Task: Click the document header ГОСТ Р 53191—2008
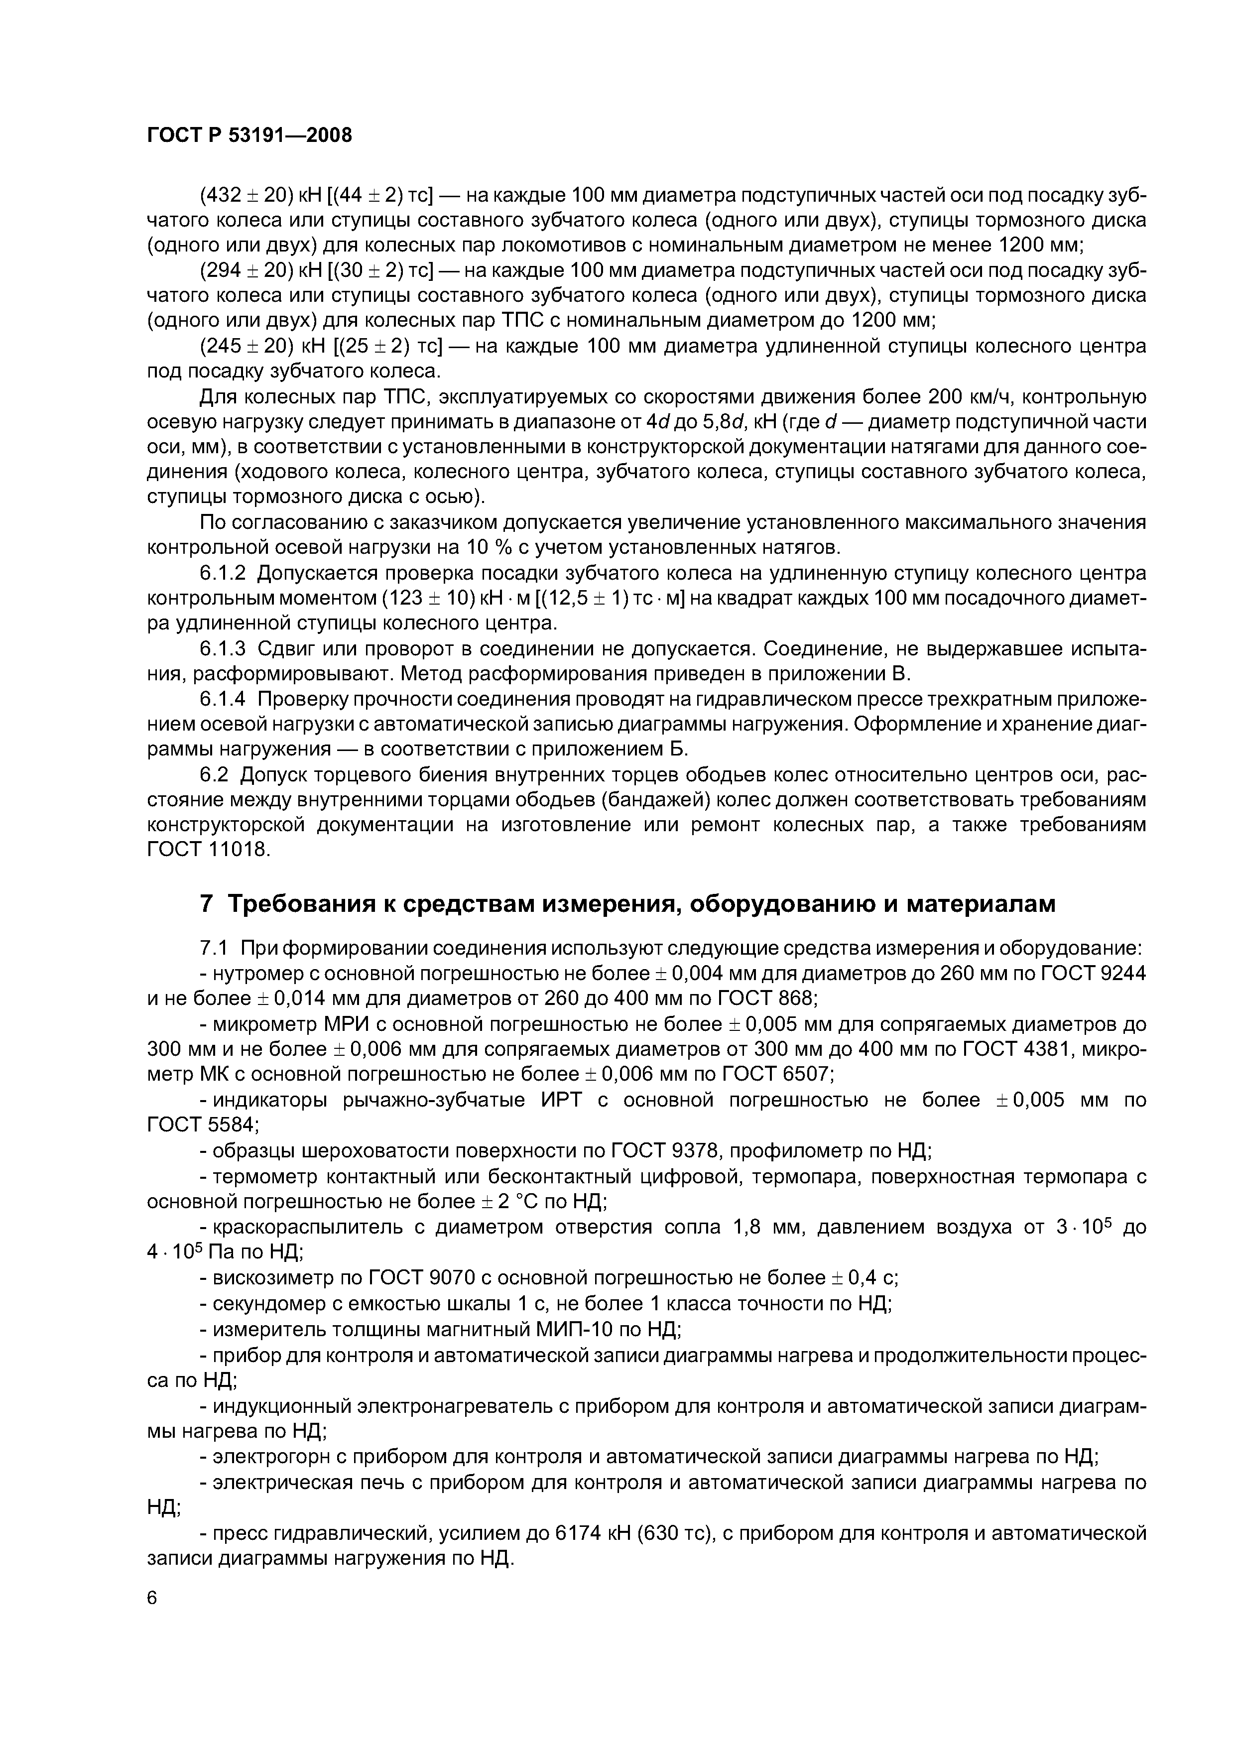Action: click(x=249, y=135)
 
